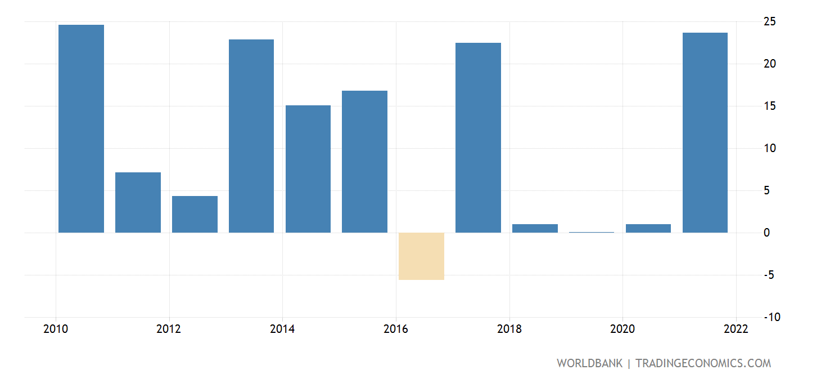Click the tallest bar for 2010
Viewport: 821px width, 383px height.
point(81,128)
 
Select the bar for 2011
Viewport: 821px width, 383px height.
point(138,202)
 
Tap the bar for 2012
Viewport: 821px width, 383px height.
point(195,214)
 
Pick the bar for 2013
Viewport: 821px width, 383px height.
point(251,136)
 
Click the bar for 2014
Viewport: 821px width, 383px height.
point(308,169)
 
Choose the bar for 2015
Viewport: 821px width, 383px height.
point(364,162)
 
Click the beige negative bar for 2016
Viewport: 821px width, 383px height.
point(421,256)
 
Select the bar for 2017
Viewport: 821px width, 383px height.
point(478,137)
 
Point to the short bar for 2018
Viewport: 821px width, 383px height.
point(535,229)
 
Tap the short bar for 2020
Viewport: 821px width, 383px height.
point(648,229)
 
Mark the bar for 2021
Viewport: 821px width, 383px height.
point(705,132)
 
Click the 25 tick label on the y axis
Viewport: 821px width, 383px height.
point(769,21)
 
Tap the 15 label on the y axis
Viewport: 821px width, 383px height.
point(769,106)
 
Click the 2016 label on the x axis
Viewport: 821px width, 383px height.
point(396,329)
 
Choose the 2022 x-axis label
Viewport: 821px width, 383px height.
point(736,329)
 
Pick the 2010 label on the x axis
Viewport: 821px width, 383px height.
point(56,329)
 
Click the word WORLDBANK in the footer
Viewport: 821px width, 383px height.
point(589,363)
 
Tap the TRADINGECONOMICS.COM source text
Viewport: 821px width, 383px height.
point(703,363)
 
